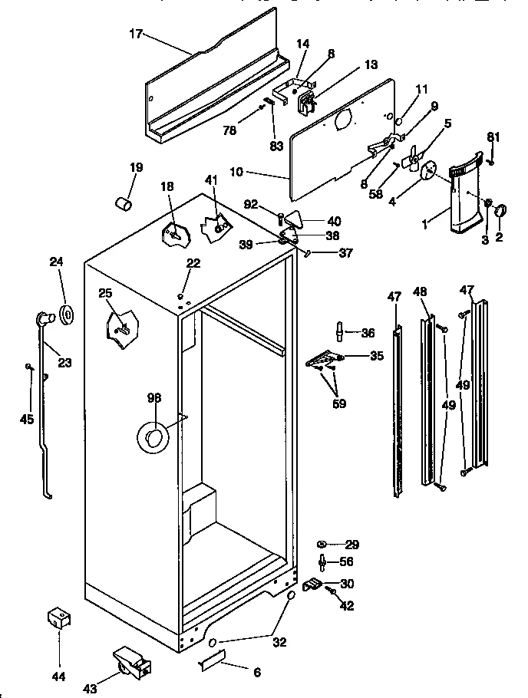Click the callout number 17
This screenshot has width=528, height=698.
pos(135,35)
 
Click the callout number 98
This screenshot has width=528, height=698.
pos(154,397)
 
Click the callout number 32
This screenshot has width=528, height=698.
pos(279,642)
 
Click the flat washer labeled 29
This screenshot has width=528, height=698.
pos(322,544)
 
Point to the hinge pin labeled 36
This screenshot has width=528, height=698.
pos(338,332)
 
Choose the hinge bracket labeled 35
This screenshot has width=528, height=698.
pos(322,358)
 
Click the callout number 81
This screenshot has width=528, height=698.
pos(493,137)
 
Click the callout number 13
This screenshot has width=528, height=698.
pos(371,65)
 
